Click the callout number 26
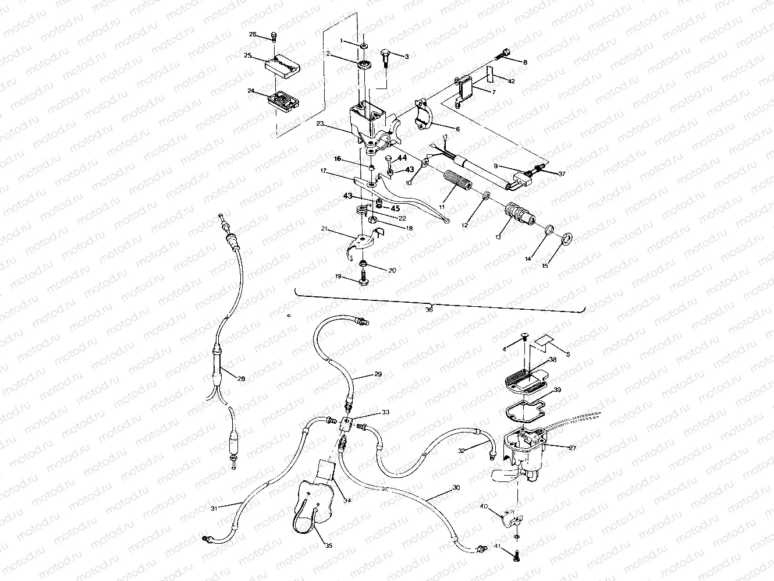pyautogui.click(x=253, y=34)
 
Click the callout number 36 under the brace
pyautogui.click(x=429, y=310)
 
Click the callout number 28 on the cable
pyautogui.click(x=241, y=378)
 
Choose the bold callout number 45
pyautogui.click(x=394, y=208)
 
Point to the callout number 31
pyautogui.click(x=214, y=508)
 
